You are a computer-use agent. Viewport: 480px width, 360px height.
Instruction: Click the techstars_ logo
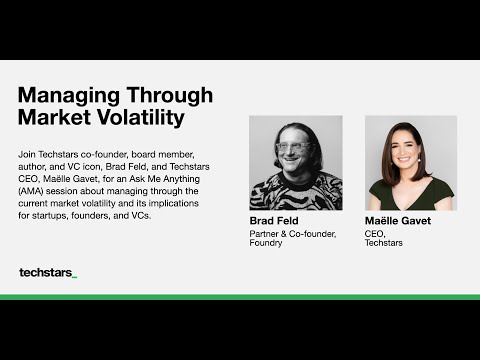[47, 272]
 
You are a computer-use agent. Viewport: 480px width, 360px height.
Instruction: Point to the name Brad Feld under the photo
[274, 220]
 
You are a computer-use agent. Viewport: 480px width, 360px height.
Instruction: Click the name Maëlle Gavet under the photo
[398, 220]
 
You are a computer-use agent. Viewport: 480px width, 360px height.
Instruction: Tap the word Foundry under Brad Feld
[266, 243]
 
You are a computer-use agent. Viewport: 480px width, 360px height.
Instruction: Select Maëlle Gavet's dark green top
[410, 197]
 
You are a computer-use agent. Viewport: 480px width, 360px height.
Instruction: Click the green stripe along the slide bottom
[240, 297]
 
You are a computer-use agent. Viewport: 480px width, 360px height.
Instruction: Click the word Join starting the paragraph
[28, 154]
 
